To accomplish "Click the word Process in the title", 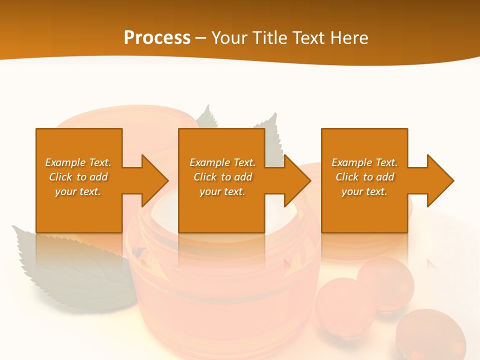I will (157, 38).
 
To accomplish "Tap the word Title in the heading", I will (270, 38).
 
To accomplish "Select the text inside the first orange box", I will (78, 177).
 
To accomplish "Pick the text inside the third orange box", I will (364, 177).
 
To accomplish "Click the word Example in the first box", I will (65, 162).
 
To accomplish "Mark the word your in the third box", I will (352, 191).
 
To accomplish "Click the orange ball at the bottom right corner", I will (430, 335).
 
